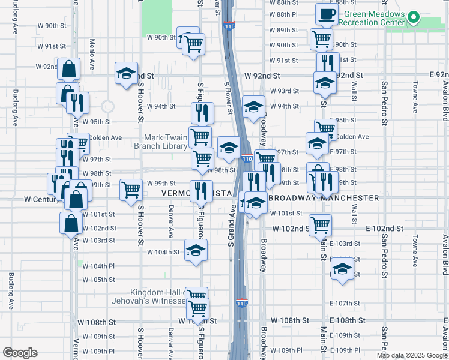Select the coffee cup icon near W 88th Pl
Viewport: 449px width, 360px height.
click(326, 14)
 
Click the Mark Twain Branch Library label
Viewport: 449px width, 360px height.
click(165, 141)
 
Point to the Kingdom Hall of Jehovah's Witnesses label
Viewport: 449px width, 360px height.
click(155, 296)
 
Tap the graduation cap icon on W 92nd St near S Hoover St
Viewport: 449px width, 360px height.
click(125, 74)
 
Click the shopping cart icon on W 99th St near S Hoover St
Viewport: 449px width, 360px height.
click(131, 190)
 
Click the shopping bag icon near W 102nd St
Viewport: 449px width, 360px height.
click(71, 223)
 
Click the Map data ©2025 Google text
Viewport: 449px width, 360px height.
click(411, 355)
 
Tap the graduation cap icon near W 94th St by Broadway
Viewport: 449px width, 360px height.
click(254, 107)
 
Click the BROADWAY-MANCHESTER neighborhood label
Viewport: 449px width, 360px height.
click(324, 198)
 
